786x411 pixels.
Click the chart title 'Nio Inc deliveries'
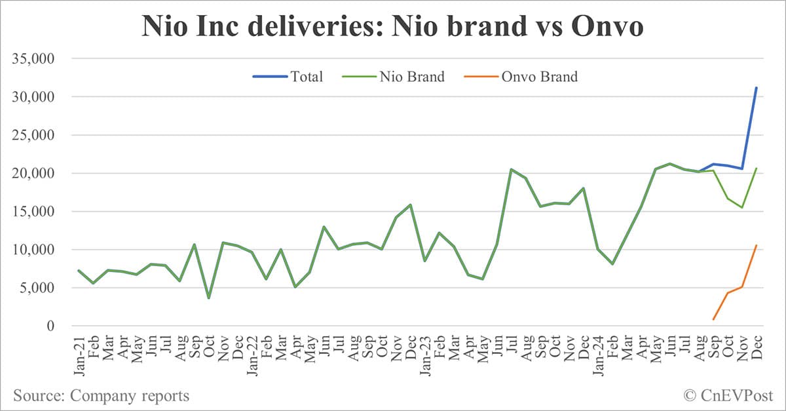392,27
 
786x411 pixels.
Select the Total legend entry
288,77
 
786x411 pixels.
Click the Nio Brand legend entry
393,77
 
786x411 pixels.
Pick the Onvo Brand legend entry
521,77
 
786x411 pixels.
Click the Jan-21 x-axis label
79,355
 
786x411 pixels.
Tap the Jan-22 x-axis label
252,355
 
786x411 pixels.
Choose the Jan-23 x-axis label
424,355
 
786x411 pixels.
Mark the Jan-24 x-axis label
597,355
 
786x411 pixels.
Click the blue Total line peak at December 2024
757,88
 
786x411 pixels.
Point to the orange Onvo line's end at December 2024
757,246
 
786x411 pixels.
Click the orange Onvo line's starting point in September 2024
713,319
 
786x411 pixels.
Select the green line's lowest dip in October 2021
208,298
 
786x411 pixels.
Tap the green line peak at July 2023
512,169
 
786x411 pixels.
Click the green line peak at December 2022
410,205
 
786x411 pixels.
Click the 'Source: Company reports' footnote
101,395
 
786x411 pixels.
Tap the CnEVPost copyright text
727,395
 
